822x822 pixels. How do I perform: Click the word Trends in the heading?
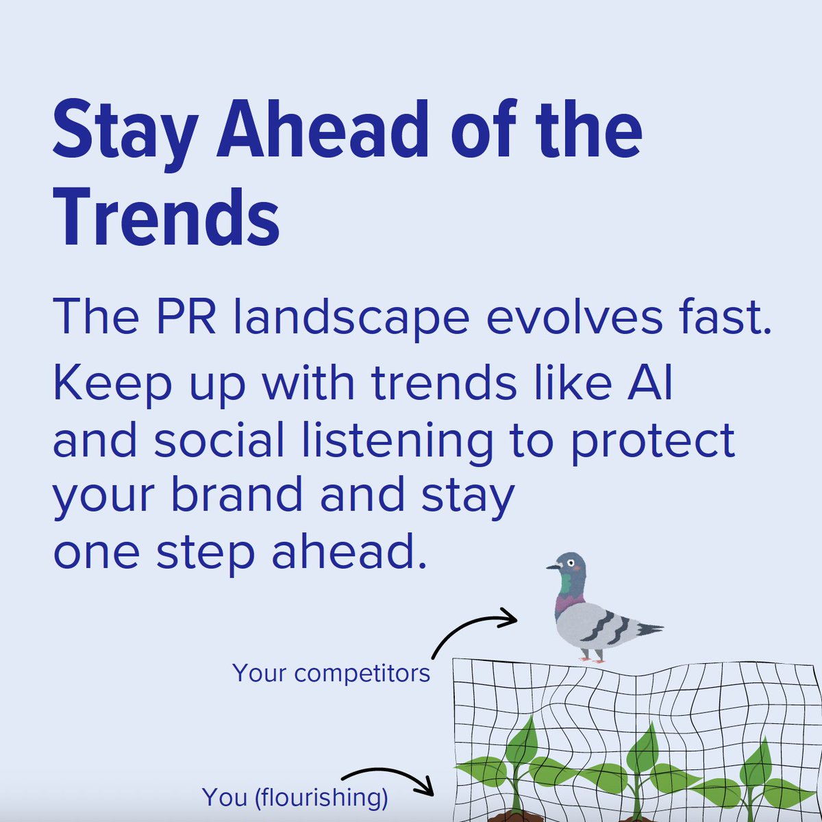[x=166, y=215]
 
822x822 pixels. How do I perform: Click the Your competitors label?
[x=332, y=673]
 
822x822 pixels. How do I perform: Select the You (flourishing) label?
[x=295, y=797]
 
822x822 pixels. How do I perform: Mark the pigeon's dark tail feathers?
[x=647, y=627]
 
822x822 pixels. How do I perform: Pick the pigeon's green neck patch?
[x=566, y=584]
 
